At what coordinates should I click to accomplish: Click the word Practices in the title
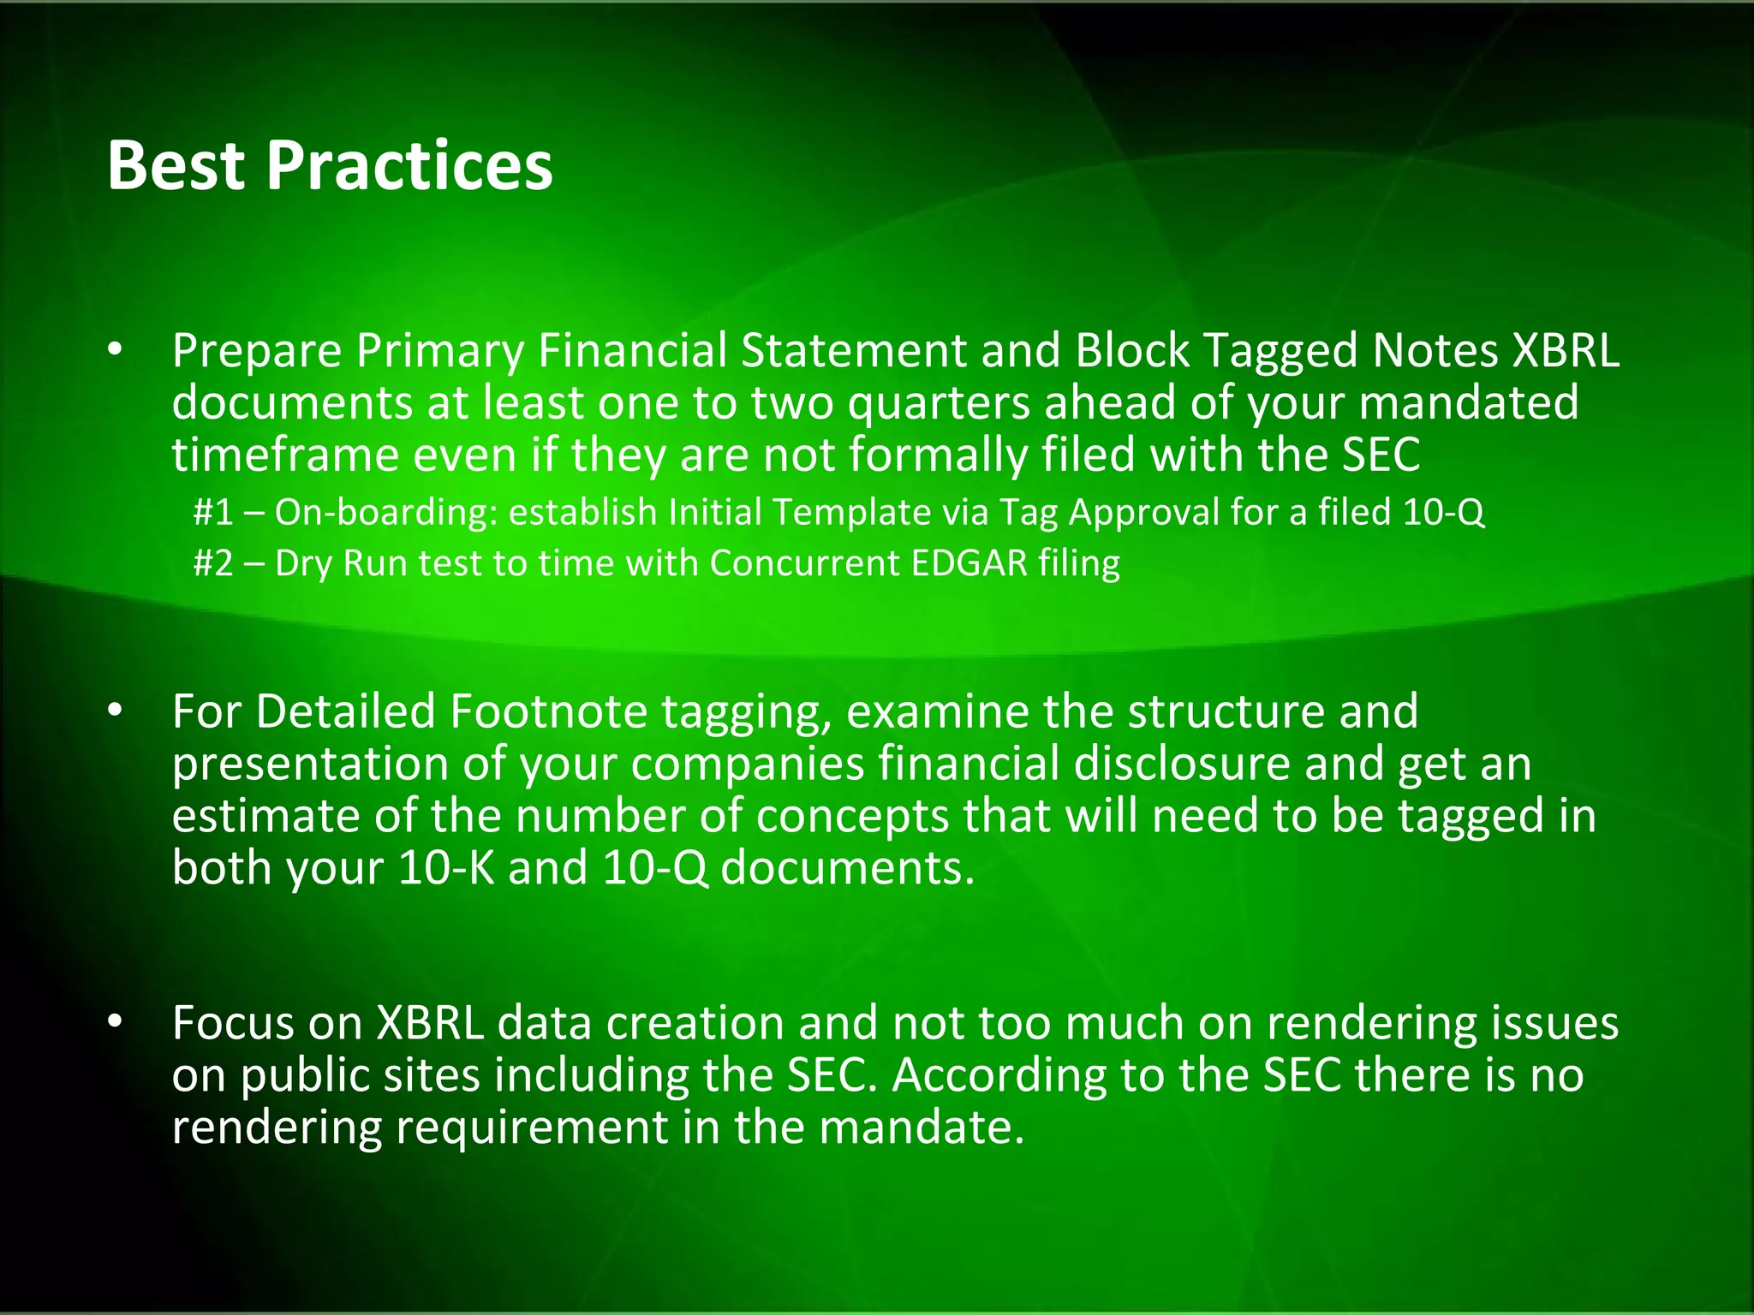[409, 165]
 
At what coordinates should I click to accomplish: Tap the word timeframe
[284, 454]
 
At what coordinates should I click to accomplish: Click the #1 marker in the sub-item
[213, 512]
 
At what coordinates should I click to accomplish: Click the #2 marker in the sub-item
[213, 563]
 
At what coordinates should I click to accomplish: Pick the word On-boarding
[386, 512]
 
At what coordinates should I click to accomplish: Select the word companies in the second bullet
[748, 764]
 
